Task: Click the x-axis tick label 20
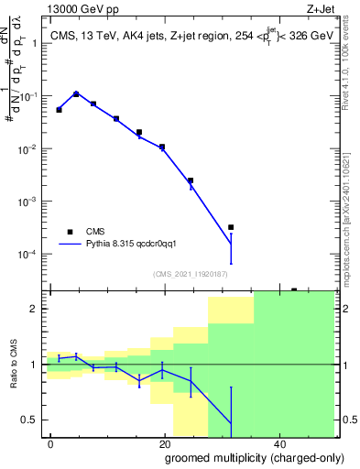(x=164, y=443)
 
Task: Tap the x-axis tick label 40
(x=277, y=443)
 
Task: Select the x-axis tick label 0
(x=51, y=443)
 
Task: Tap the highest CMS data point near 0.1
(x=76, y=93)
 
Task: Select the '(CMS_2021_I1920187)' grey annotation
(x=190, y=273)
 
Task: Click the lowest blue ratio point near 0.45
(x=231, y=424)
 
